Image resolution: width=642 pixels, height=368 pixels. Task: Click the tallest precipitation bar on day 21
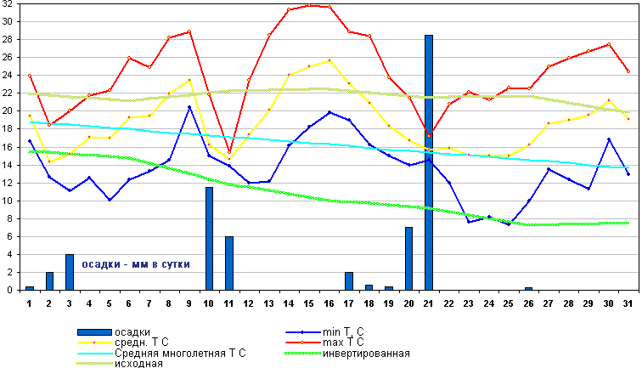pyautogui.click(x=429, y=162)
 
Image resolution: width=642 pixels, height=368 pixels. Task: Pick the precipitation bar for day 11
pyautogui.click(x=229, y=263)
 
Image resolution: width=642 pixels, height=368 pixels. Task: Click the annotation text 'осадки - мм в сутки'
pyautogui.click(x=135, y=264)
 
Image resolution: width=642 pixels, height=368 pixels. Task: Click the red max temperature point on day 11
pyautogui.click(x=229, y=153)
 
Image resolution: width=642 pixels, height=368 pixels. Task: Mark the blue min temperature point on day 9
pyautogui.click(x=189, y=107)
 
